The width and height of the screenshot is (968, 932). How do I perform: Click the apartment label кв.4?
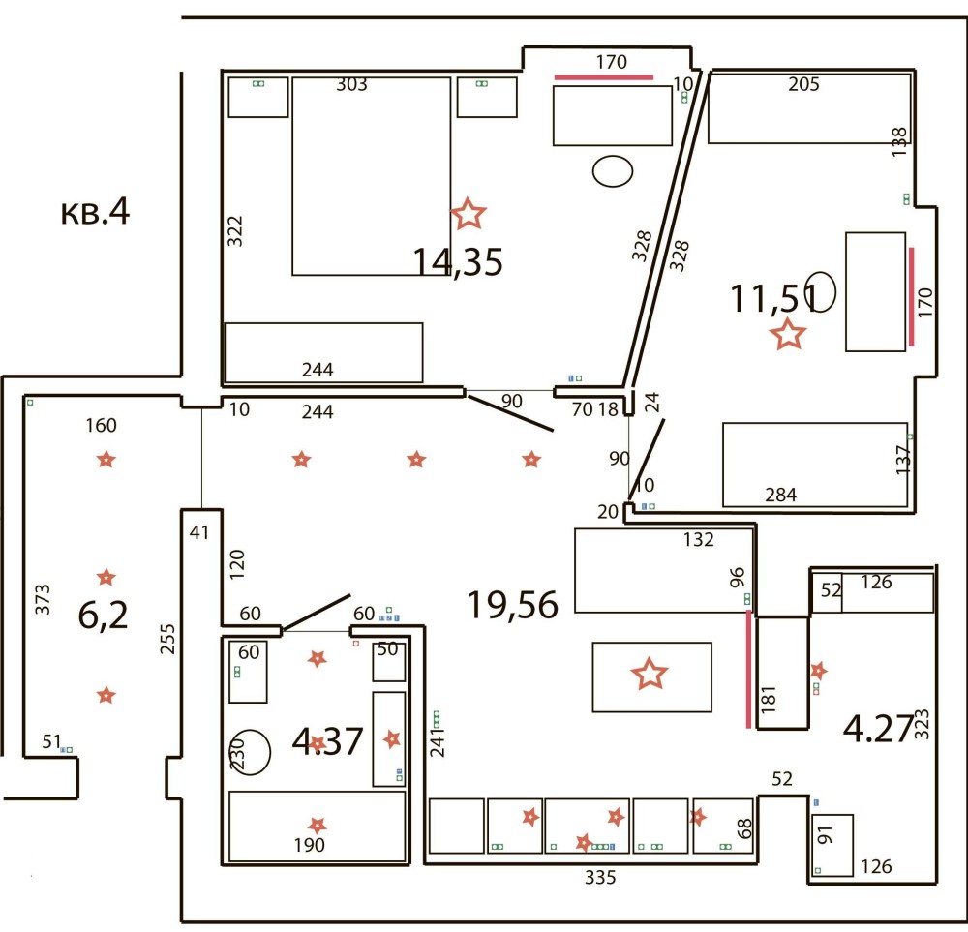point(95,212)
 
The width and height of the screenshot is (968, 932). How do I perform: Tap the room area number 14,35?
point(458,261)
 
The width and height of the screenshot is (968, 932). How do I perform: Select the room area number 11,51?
point(774,298)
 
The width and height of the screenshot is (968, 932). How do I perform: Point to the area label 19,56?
point(513,604)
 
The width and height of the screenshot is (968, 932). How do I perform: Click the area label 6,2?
point(104,615)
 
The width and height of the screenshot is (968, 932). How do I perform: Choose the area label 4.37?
point(327,741)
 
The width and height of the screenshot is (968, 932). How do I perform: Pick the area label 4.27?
point(878,729)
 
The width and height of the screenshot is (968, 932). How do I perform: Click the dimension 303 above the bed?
point(352,84)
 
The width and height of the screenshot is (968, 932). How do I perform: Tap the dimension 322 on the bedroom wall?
point(235,231)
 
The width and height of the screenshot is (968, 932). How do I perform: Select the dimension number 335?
point(600,877)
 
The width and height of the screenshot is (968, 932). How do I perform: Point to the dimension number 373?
point(42,599)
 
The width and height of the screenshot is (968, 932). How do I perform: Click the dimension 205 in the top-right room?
point(803,84)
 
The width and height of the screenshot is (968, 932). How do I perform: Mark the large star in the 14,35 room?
point(469,214)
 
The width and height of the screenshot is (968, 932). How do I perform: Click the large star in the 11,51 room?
point(788,334)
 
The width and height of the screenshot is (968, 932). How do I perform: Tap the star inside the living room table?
point(650,674)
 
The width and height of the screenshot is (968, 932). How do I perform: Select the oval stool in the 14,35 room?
point(613,171)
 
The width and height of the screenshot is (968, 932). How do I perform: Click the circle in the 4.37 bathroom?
point(253,752)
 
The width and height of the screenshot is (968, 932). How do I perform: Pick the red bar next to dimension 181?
point(749,669)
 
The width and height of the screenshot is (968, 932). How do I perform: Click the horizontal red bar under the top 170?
point(604,77)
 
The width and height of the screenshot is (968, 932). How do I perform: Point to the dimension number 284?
point(781,495)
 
